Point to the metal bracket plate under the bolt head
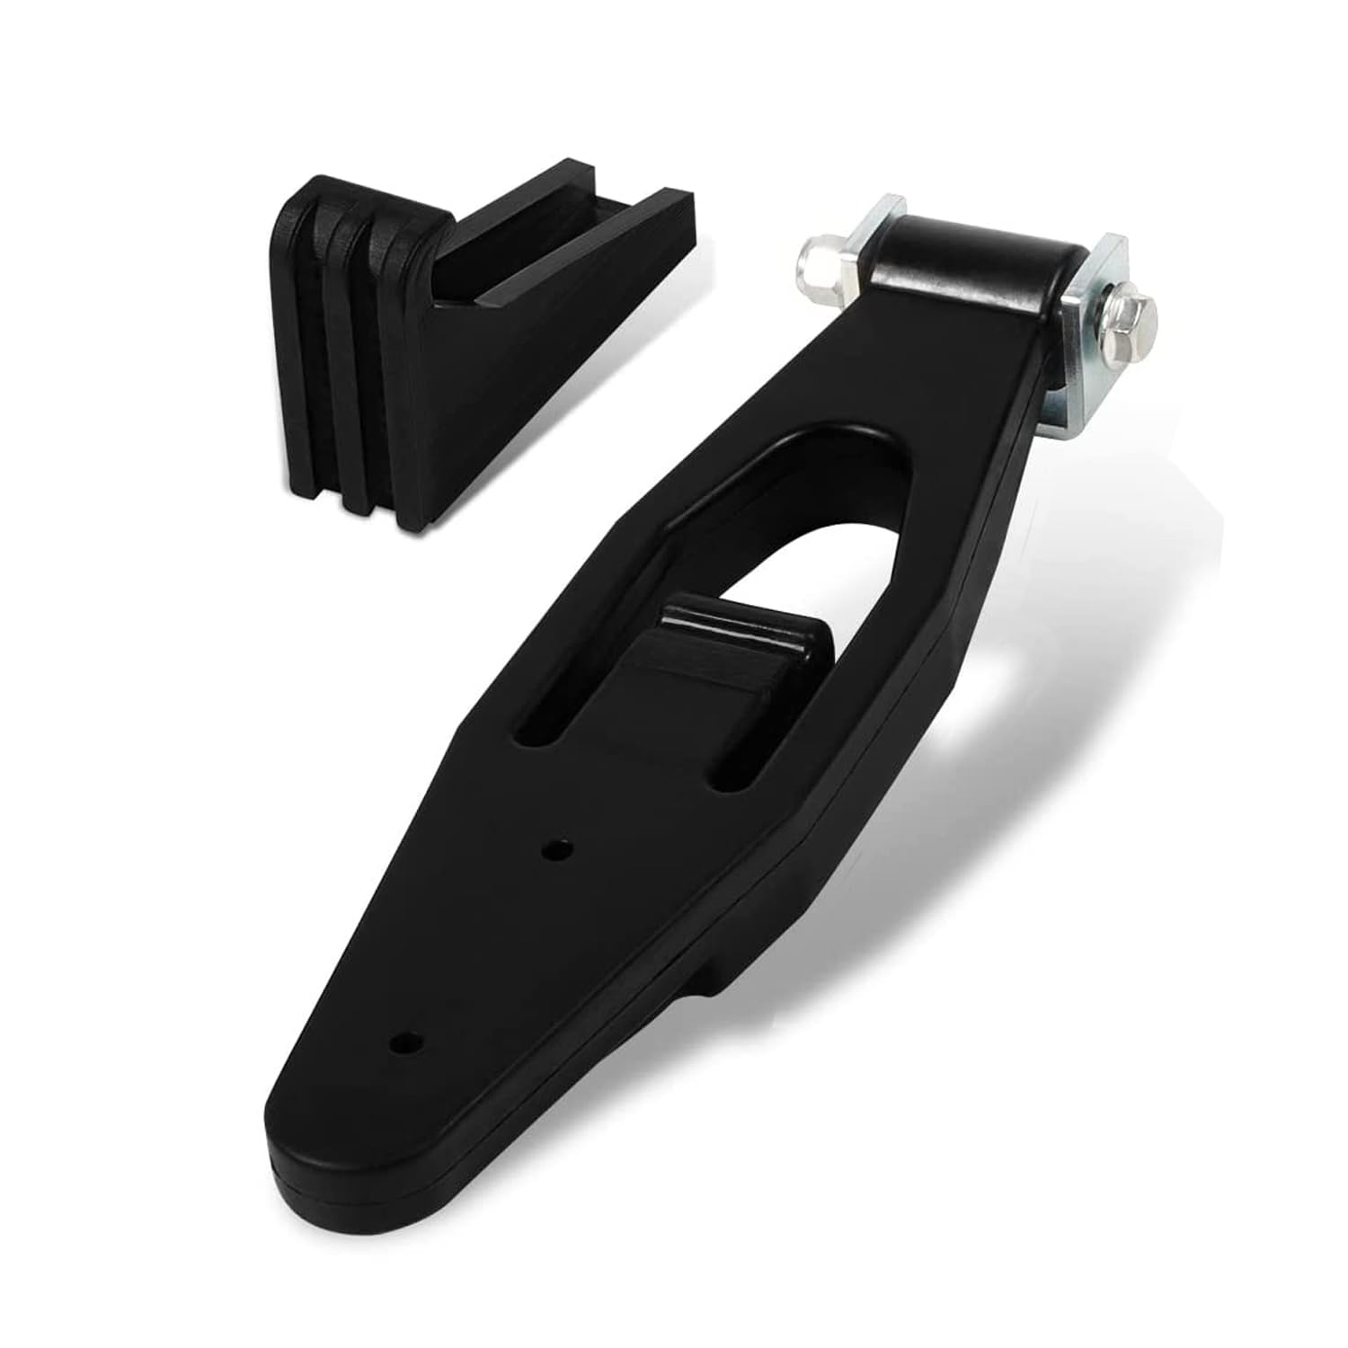click(1083, 359)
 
